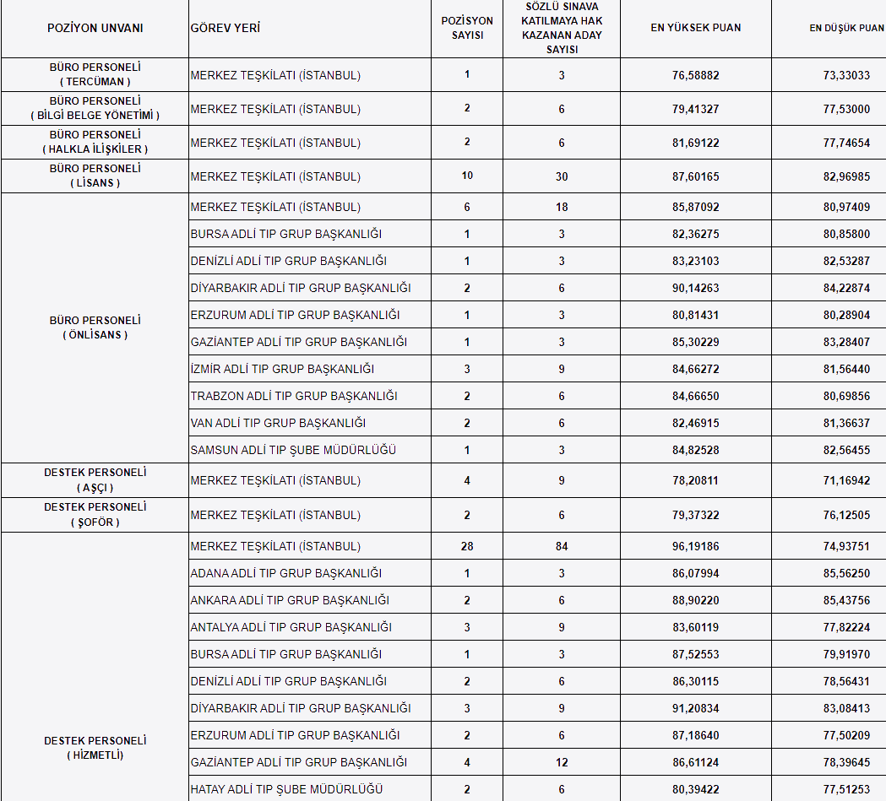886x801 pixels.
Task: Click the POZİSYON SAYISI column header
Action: tap(467, 28)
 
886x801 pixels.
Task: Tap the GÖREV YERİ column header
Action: tap(226, 28)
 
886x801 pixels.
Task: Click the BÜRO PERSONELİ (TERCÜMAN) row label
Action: tap(95, 74)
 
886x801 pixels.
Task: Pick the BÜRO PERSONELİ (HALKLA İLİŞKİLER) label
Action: tap(95, 142)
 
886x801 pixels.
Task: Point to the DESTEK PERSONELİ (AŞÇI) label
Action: tap(95, 480)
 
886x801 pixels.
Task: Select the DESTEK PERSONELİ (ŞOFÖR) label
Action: tap(95, 514)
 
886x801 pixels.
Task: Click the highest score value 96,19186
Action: tap(696, 546)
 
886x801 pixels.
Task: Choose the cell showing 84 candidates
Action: tap(562, 546)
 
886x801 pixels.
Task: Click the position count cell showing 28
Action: tap(467, 546)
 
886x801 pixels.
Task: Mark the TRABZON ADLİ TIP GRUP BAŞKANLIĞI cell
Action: tap(294, 396)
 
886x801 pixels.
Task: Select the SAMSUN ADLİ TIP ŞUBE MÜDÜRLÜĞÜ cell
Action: tap(293, 450)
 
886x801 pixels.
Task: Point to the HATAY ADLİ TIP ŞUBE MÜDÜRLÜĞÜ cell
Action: tap(286, 789)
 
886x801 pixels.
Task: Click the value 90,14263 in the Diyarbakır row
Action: tap(696, 288)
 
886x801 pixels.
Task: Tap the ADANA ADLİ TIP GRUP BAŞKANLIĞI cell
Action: tap(286, 573)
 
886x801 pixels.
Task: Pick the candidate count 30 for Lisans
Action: tap(562, 176)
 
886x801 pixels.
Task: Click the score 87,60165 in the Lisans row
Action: tap(696, 176)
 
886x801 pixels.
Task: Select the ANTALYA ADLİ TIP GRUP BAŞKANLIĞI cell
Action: tap(291, 627)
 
